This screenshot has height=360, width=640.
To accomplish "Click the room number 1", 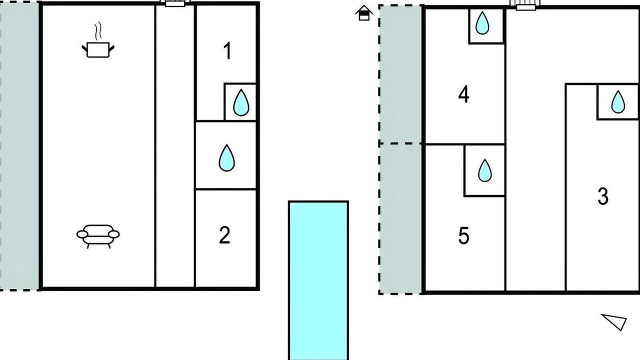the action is (227, 51).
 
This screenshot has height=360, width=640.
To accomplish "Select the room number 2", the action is (224, 235).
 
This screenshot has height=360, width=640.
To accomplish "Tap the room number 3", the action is (603, 196).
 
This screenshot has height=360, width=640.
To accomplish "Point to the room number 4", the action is (463, 94).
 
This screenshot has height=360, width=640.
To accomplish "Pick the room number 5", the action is (463, 235).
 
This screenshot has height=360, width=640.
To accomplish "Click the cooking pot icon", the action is (98, 49).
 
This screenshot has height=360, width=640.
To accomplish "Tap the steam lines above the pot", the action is (98, 30).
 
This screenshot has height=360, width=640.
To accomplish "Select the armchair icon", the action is (98, 236).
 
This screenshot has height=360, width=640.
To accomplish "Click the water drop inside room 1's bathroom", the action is (241, 102).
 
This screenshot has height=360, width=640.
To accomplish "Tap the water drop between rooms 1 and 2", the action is (227, 157).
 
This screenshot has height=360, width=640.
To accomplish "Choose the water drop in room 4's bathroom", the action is (482, 23).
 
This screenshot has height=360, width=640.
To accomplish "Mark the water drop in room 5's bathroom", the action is (485, 170).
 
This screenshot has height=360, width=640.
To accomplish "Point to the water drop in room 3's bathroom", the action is (618, 101).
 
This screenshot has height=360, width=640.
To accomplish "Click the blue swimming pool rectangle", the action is (318, 280).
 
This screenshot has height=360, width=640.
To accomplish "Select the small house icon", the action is (364, 13).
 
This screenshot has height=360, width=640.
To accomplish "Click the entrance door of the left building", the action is (175, 3).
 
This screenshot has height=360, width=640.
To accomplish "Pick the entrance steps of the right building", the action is (526, 5).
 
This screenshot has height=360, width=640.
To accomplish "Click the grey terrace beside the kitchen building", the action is (19, 145).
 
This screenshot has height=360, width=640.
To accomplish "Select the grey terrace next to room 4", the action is (400, 74).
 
